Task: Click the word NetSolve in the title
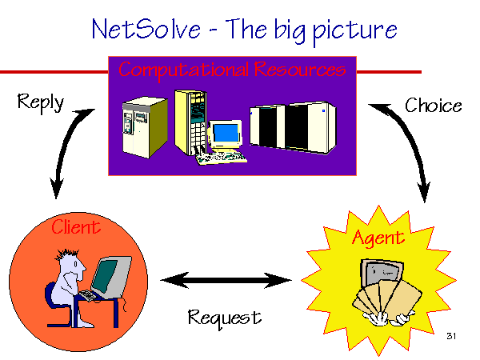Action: click(146, 29)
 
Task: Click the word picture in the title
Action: click(354, 31)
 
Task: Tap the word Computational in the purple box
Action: click(184, 70)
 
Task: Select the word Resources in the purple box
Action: click(300, 69)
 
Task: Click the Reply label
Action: click(41, 102)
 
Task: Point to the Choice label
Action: click(433, 106)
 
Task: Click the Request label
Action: click(225, 318)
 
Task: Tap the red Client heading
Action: click(76, 227)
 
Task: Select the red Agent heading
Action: click(378, 238)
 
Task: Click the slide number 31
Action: click(451, 336)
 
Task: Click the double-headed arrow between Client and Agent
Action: click(226, 280)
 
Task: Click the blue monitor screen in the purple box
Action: click(226, 133)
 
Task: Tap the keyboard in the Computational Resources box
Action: click(222, 158)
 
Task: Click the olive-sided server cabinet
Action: click(145, 127)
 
